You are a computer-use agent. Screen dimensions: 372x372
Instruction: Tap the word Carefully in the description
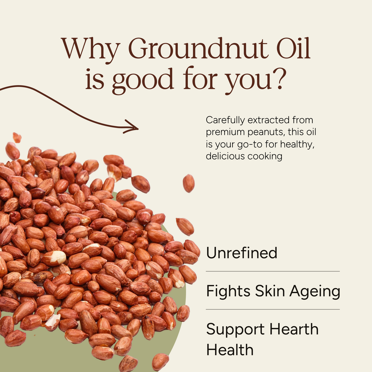pos(225,121)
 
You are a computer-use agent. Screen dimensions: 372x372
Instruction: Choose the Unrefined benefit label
pos(241,253)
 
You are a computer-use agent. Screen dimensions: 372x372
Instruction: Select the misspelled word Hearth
pos(294,329)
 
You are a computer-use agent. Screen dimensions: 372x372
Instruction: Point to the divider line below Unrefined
pos(272,271)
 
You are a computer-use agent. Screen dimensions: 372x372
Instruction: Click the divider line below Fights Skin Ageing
pos(272,309)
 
